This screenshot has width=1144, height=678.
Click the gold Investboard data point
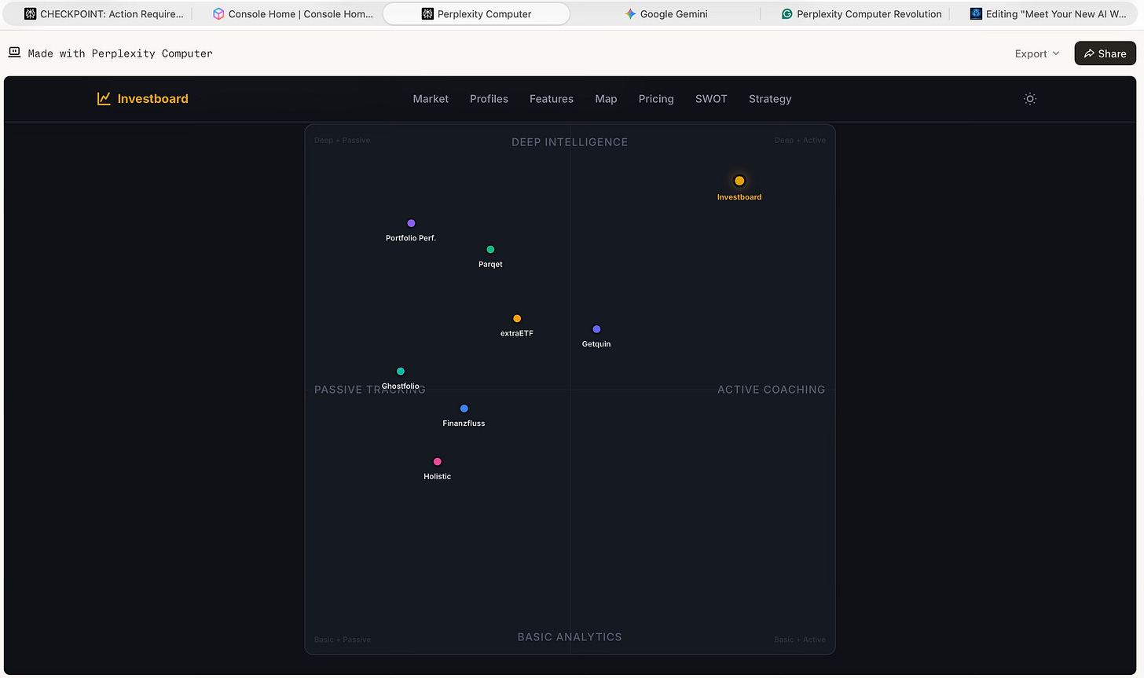pos(739,181)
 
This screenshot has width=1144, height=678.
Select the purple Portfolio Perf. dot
pos(411,223)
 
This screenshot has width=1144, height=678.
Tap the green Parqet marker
pos(490,250)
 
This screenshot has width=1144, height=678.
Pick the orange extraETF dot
pos(517,318)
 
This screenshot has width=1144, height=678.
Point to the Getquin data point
pos(596,329)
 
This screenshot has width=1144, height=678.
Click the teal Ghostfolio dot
pos(401,371)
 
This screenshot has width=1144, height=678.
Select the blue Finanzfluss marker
pos(464,409)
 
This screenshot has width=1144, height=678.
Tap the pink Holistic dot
pos(438,462)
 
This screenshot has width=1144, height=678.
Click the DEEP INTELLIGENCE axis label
pos(570,142)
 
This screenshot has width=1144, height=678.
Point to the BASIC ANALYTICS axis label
pos(570,637)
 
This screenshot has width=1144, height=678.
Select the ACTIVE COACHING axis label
pos(771,390)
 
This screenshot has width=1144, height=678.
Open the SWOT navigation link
pos(711,99)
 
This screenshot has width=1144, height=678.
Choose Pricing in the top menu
pos(656,99)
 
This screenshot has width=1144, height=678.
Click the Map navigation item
pos(606,99)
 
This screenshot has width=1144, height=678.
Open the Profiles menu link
pos(489,99)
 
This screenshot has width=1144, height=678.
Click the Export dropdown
pos(1037,53)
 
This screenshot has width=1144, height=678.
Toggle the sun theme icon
pos(1030,99)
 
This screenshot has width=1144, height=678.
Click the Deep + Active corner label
pos(800,141)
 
